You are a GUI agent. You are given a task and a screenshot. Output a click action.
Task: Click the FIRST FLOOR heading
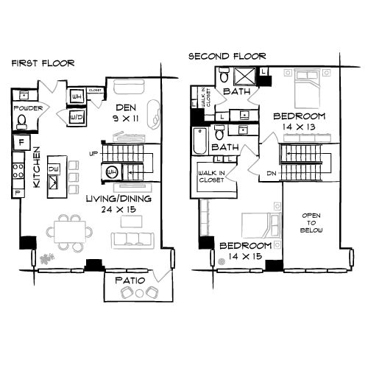click(42, 63)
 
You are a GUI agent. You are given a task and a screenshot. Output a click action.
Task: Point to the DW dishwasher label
click(53, 169)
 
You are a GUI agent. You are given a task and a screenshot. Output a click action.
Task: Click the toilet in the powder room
click(23, 120)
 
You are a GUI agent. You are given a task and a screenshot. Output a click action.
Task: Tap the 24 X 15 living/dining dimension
click(118, 209)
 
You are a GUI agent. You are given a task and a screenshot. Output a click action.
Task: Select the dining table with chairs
click(69, 230)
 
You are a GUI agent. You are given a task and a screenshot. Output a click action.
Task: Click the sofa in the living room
click(132, 239)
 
